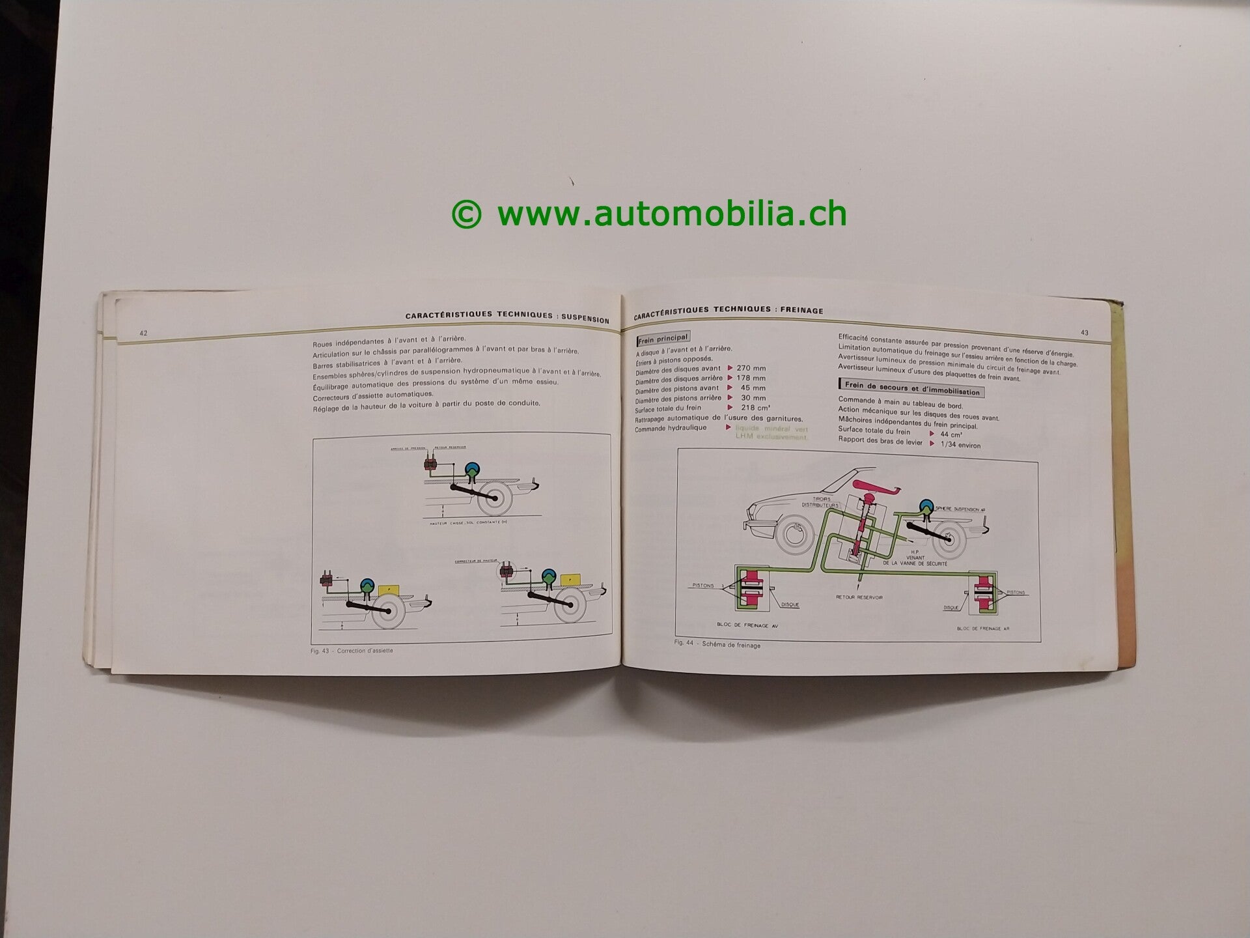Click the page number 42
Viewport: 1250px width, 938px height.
click(x=143, y=333)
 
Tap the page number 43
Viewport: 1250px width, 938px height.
click(x=1085, y=333)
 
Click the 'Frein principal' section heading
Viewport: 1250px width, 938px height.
click(x=663, y=338)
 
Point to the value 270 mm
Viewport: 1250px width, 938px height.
click(x=751, y=368)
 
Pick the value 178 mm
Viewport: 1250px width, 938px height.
click(x=751, y=378)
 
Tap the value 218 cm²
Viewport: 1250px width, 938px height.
click(x=756, y=408)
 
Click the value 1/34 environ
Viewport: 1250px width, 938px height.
click(x=960, y=445)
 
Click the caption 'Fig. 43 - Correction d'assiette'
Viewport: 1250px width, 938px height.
click(x=352, y=650)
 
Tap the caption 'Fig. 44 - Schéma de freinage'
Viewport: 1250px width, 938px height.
click(x=717, y=645)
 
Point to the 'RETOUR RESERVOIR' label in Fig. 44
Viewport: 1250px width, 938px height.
click(x=859, y=597)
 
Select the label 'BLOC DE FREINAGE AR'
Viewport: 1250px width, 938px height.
click(x=983, y=629)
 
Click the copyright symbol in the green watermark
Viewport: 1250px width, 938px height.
click(x=466, y=214)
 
